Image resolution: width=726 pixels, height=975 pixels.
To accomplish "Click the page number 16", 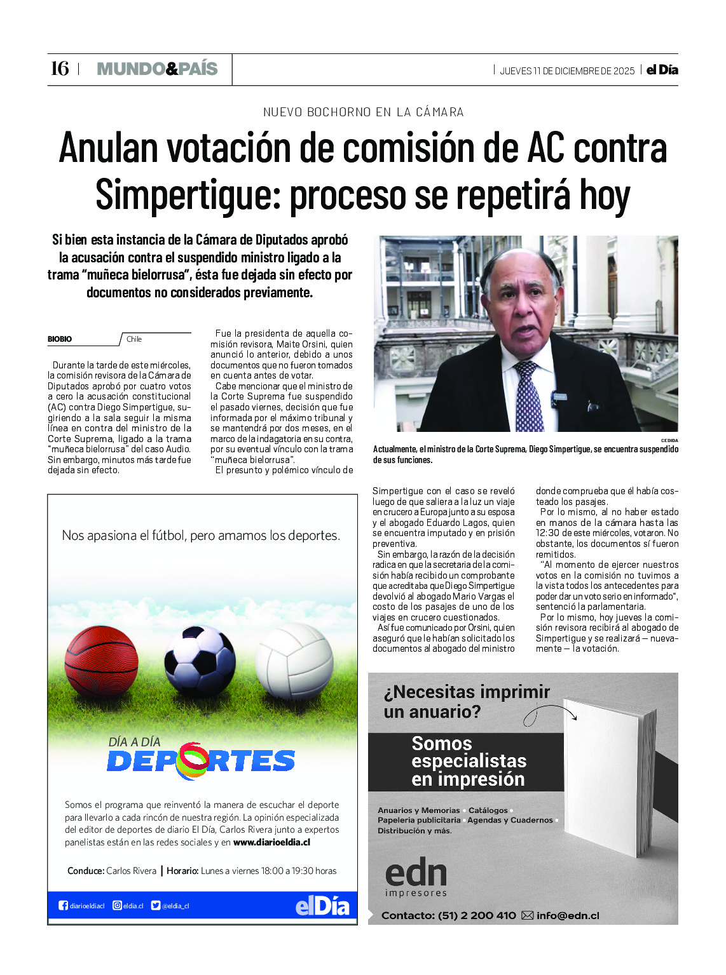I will [59, 69].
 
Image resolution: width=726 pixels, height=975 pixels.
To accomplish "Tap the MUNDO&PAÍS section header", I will [157, 69].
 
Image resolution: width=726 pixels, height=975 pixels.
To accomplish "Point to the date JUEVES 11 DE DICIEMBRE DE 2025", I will [567, 71].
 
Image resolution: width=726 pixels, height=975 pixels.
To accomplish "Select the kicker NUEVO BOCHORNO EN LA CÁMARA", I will [363, 112].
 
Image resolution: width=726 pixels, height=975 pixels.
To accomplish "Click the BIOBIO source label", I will [60, 339].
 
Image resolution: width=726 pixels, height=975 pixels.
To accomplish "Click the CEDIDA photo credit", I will [669, 440].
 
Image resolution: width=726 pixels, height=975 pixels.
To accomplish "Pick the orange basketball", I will [102, 660].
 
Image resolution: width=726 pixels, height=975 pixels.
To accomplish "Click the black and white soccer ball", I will [200, 661].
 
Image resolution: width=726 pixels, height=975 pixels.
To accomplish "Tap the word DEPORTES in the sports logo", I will [201, 761].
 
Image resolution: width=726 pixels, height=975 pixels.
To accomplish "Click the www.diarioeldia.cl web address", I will [271, 843].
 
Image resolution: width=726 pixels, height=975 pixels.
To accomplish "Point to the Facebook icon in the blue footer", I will [63, 906].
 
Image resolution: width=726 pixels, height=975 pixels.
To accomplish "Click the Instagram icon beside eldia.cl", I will [117, 906].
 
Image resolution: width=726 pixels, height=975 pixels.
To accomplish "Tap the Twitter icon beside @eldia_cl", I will [156, 906].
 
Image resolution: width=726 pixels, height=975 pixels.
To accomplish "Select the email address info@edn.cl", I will [567, 916].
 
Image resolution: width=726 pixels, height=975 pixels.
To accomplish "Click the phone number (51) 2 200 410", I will [477, 916].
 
